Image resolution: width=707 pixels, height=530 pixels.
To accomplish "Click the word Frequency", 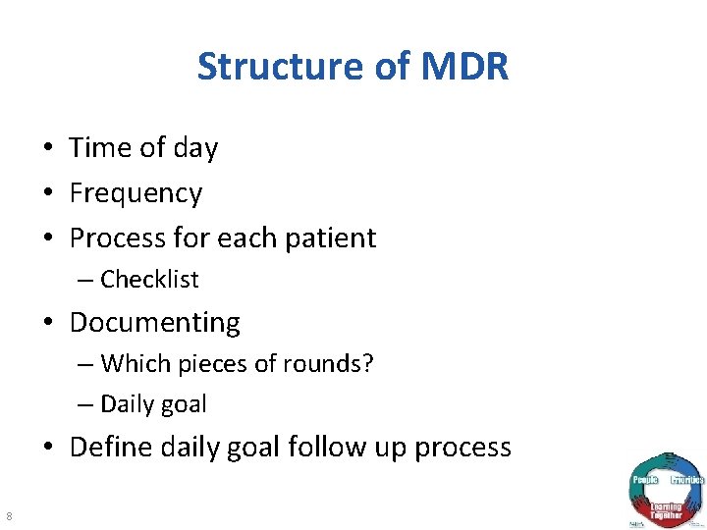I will (x=136, y=193).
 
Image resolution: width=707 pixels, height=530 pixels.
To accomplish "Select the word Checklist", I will (x=149, y=280).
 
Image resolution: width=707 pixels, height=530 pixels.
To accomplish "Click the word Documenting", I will (x=154, y=322).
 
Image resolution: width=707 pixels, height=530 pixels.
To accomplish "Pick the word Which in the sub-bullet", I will (x=129, y=364).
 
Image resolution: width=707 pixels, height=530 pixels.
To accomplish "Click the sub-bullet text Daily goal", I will (x=153, y=403).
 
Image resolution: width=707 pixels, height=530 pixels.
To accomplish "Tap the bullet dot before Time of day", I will (x=48, y=149).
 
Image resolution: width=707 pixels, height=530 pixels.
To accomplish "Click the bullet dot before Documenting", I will (x=48, y=323).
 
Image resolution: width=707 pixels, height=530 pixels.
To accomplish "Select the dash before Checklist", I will (x=85, y=280).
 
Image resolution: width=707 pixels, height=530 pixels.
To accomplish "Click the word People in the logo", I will (x=644, y=480).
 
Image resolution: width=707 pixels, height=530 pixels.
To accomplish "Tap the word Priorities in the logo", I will (x=687, y=480).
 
